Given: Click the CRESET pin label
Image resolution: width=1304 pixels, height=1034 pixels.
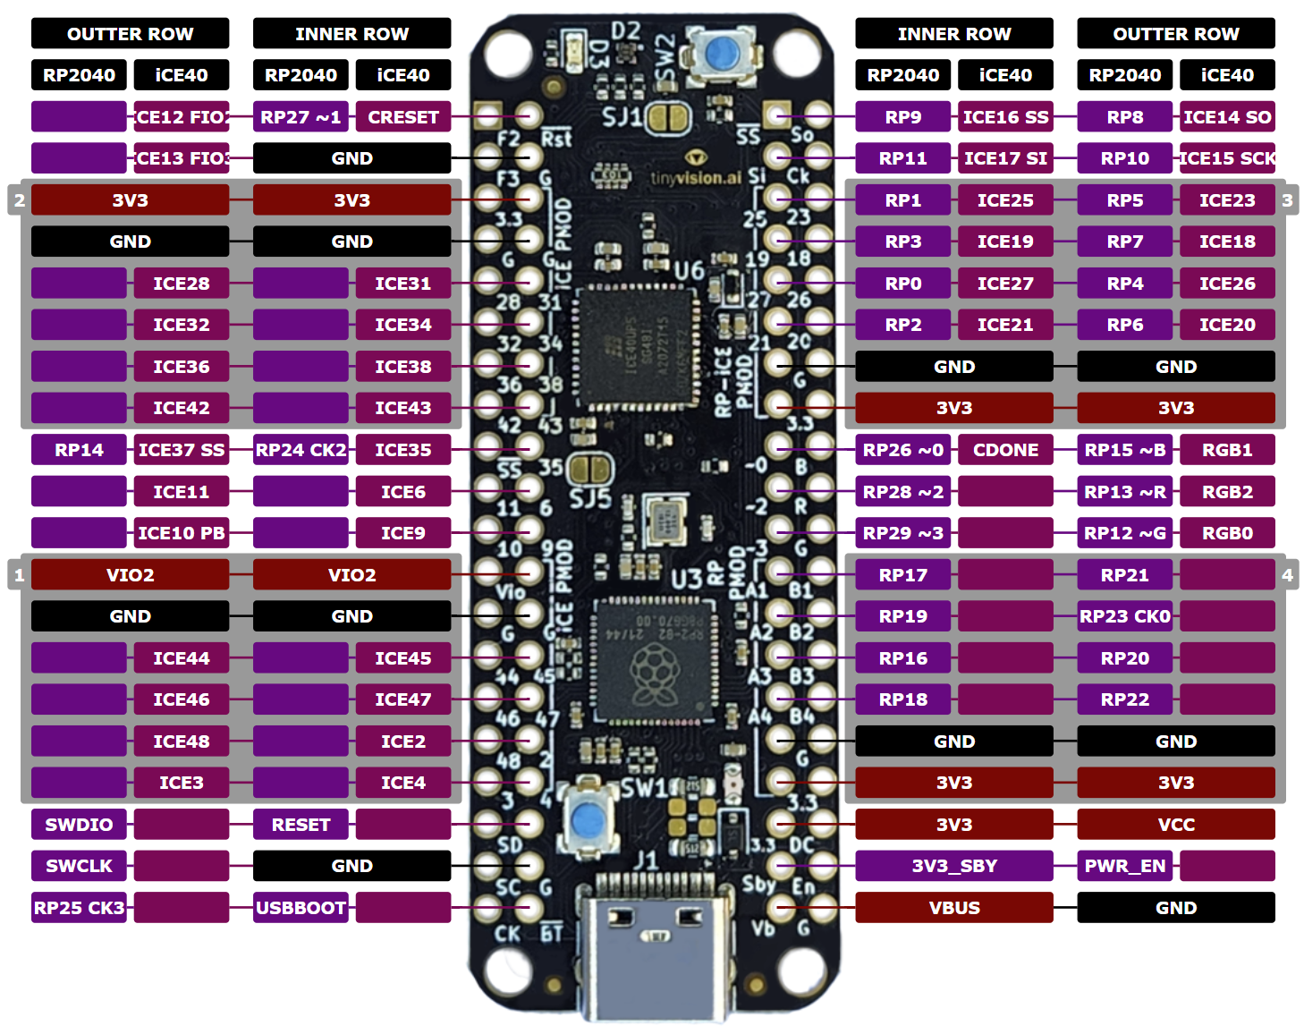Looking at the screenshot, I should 402,117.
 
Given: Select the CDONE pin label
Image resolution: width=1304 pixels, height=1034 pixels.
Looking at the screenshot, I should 1005,450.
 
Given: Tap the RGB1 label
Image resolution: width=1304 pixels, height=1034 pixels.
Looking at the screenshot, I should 1227,450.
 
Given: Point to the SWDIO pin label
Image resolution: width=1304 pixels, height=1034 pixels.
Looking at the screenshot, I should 79,825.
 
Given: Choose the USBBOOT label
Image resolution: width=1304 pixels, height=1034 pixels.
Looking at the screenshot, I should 301,908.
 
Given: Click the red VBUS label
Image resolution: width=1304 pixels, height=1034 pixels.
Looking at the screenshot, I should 954,908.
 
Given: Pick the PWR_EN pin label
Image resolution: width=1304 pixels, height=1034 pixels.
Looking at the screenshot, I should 1124,866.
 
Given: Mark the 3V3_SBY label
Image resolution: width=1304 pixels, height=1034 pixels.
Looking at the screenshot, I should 954,866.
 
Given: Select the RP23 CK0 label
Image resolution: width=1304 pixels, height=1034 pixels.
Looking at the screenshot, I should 1124,616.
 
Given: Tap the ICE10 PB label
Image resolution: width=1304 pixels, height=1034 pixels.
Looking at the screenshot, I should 182,533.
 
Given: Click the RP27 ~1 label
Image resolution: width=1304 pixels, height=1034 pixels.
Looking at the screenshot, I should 301,117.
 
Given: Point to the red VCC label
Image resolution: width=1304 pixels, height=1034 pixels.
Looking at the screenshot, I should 1176,825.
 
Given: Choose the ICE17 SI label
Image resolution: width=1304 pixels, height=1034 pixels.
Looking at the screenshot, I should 1005,158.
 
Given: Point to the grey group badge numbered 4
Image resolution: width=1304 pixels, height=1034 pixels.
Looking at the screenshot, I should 1287,575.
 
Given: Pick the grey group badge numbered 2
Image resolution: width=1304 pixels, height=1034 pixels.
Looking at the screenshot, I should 19,200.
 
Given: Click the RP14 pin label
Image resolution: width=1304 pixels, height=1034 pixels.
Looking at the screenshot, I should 79,450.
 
